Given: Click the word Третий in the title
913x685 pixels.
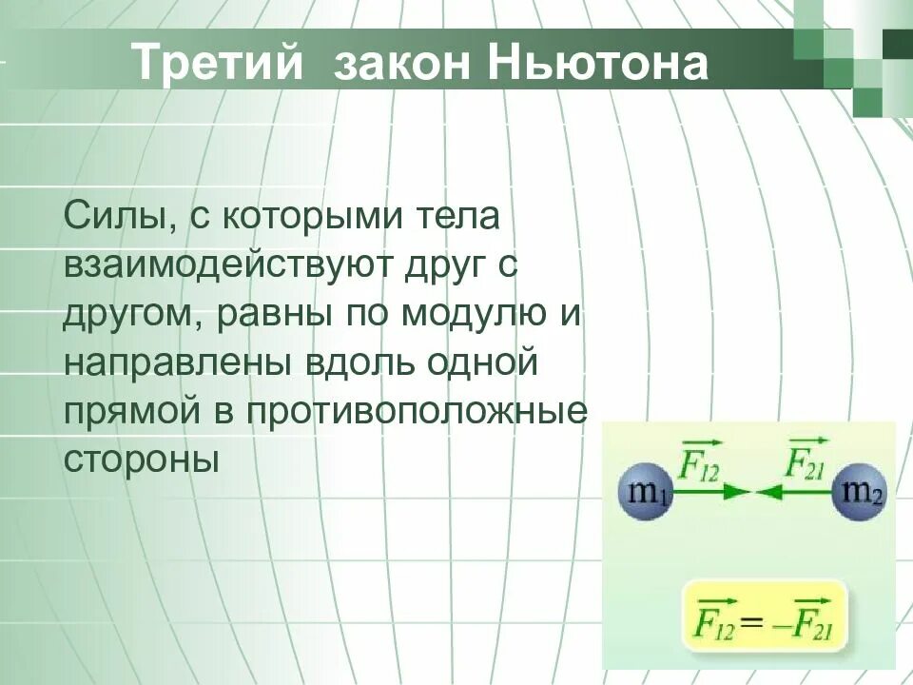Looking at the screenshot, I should [x=218, y=63].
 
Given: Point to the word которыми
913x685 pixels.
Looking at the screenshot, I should [x=313, y=215].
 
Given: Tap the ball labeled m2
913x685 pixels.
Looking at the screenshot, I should [x=863, y=492].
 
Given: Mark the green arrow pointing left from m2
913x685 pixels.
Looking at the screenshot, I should [x=795, y=493].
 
